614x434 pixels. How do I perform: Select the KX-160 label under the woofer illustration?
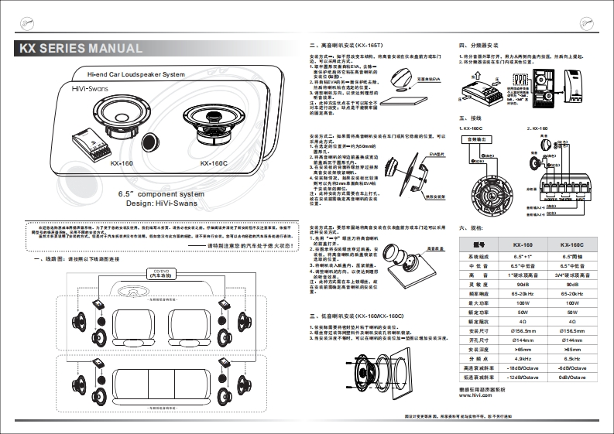click(x=122, y=164)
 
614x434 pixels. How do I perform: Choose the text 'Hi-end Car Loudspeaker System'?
click(x=135, y=75)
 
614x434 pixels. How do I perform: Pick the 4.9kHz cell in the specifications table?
click(x=522, y=358)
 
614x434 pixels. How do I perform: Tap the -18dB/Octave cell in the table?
click(x=522, y=368)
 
